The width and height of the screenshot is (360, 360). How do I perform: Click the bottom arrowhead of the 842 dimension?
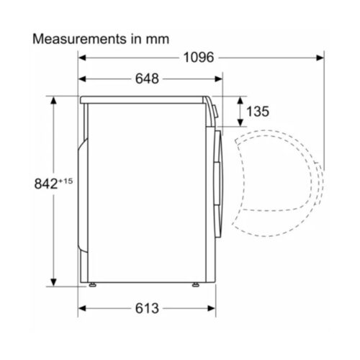(x=54, y=283)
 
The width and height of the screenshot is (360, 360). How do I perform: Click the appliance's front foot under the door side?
(x=196, y=286)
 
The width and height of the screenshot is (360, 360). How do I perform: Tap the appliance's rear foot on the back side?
(x=94, y=286)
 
